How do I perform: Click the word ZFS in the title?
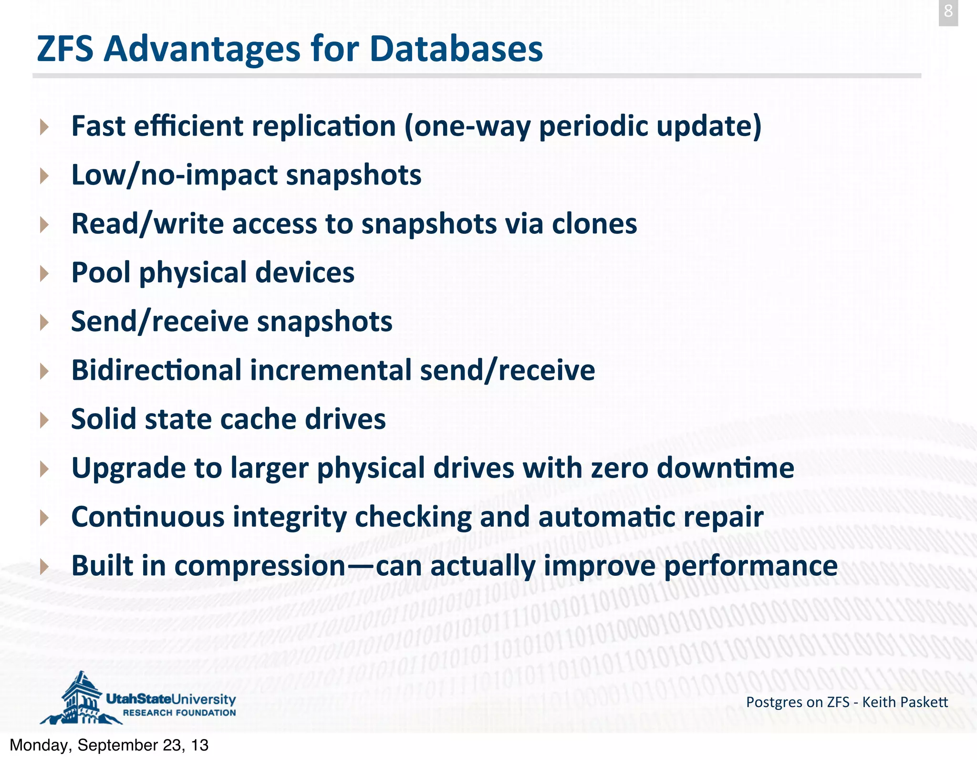click(x=65, y=49)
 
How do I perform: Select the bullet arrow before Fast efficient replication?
click(x=44, y=127)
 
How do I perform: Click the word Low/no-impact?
click(x=174, y=175)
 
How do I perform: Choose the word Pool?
click(x=101, y=272)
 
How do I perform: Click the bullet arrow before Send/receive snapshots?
click(x=44, y=323)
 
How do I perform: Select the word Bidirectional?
click(x=156, y=370)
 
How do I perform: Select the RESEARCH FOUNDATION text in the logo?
click(x=179, y=713)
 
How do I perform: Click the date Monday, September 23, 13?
click(x=109, y=745)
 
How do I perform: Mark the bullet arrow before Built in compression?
click(x=44, y=566)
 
